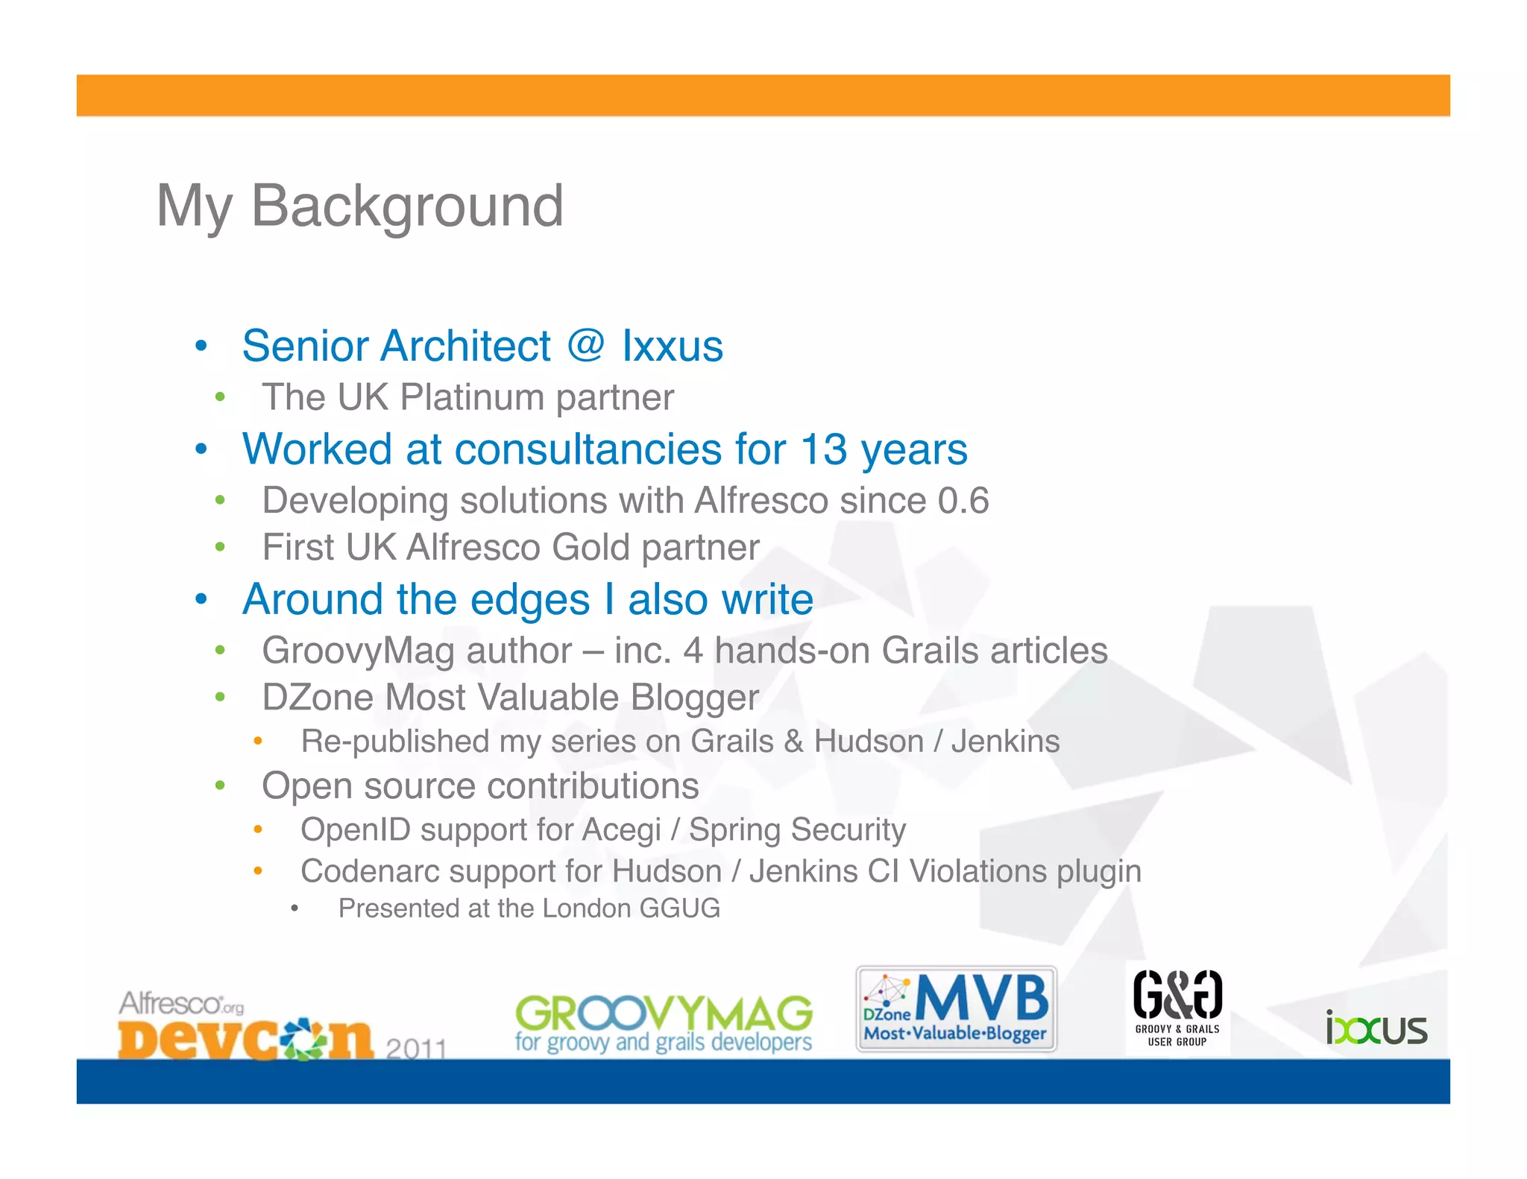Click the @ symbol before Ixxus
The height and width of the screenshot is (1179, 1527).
(x=585, y=347)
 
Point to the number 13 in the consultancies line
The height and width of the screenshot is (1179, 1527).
(x=823, y=449)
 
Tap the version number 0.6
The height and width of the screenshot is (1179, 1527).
(x=963, y=500)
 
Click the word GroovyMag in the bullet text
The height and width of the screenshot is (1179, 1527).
(x=358, y=651)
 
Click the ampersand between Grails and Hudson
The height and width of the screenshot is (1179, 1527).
(x=793, y=742)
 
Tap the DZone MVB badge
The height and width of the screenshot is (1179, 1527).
(x=956, y=1008)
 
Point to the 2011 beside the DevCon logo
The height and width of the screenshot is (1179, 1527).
(x=416, y=1049)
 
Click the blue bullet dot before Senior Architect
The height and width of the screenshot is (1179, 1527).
(x=200, y=347)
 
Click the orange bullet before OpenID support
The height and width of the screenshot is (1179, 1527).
(x=257, y=829)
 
